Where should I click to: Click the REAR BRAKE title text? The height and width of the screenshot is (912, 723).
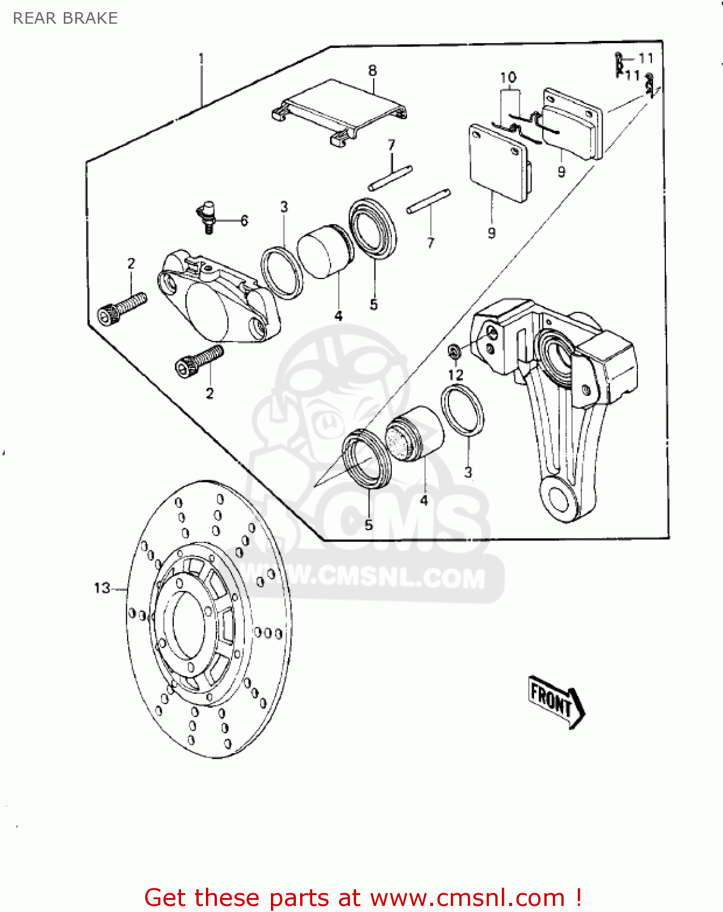[x=65, y=18]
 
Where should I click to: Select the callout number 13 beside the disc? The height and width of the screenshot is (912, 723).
[x=102, y=588]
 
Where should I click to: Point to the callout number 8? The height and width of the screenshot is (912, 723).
[x=372, y=71]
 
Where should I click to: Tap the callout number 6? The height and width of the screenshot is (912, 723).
[x=244, y=220]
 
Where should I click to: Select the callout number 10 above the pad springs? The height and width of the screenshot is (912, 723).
[x=509, y=78]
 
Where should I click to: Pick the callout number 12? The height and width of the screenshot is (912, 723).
[x=456, y=375]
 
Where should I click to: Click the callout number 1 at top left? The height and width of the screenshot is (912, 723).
[x=202, y=58]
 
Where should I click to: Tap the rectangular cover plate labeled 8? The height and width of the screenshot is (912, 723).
[x=339, y=111]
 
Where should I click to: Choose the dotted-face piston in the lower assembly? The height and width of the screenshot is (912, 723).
[x=414, y=434]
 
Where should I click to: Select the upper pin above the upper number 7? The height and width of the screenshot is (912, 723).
[x=390, y=178]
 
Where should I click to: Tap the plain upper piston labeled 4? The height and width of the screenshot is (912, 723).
[x=325, y=251]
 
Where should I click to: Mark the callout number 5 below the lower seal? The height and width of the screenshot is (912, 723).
[x=369, y=525]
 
